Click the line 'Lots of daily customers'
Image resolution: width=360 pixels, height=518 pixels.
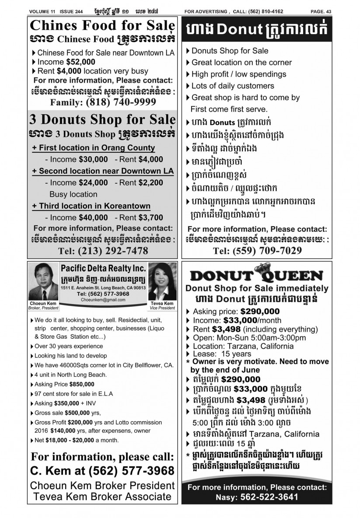click(233, 86)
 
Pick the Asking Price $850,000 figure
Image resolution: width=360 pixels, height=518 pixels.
click(81, 384)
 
